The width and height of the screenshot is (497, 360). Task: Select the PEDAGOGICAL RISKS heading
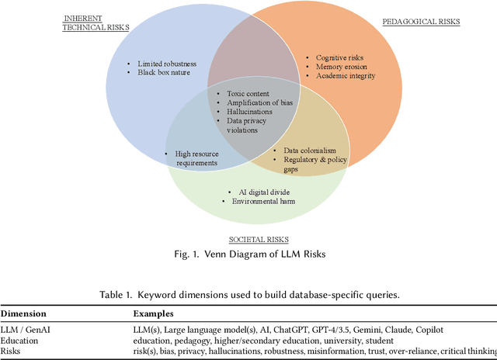pos(422,22)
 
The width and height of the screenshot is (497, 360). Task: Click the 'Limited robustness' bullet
pos(168,63)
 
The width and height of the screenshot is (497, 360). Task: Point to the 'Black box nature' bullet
pos(164,72)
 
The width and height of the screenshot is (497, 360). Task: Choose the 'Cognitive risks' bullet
pos(340,57)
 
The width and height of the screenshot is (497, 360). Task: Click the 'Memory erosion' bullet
pos(342,67)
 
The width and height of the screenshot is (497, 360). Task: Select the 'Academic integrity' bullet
pos(346,76)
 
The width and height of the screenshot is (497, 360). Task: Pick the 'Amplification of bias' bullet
pos(261,102)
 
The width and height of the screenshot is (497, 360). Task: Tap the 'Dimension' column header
pos(23,314)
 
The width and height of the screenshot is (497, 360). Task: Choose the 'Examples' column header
pos(152,314)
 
